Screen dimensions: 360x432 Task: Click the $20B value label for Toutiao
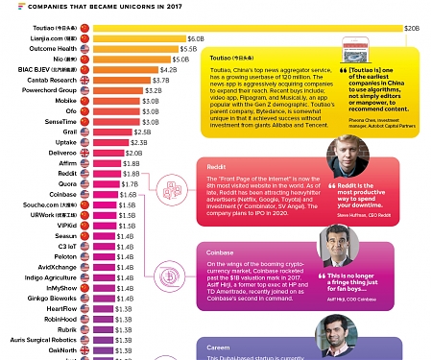412,29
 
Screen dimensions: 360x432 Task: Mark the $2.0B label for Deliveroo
133,153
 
